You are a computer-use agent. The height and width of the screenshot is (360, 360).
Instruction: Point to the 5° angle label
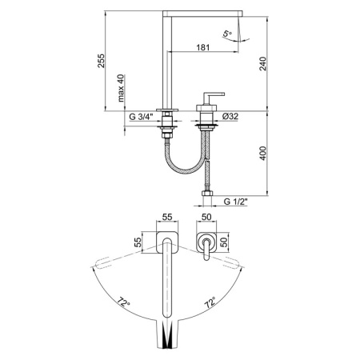[228, 33]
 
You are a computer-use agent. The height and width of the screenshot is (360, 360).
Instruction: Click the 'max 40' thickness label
[121, 90]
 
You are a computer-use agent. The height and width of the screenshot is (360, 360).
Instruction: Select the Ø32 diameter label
[230, 116]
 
